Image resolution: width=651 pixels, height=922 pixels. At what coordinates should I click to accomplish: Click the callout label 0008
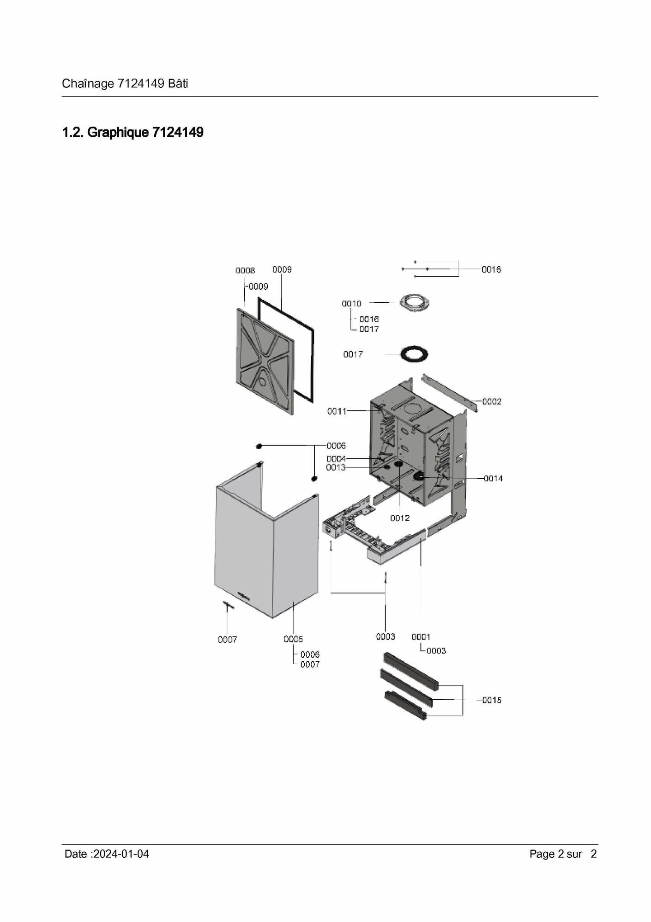[x=245, y=270]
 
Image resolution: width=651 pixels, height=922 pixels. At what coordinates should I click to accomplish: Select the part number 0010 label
[x=351, y=304]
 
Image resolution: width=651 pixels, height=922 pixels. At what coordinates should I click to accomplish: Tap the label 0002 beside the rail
[x=492, y=402]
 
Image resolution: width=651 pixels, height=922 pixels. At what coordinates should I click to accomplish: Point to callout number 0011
[x=337, y=411]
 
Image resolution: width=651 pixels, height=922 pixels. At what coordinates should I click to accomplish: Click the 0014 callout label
[x=493, y=478]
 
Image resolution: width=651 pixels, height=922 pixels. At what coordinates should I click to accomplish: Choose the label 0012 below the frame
[x=400, y=518]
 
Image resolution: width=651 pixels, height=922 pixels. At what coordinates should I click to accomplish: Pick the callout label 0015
[x=492, y=700]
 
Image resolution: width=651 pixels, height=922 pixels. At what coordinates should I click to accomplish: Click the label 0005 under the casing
[x=293, y=639]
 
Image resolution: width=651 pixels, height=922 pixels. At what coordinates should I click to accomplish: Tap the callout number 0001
[x=421, y=637]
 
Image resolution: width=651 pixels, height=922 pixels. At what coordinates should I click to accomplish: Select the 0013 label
[x=336, y=467]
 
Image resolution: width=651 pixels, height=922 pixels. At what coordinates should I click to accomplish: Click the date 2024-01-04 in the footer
[x=121, y=854]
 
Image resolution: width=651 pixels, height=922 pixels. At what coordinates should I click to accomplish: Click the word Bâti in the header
[x=178, y=84]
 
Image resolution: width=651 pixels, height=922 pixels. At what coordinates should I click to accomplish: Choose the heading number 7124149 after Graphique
[x=178, y=133]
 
